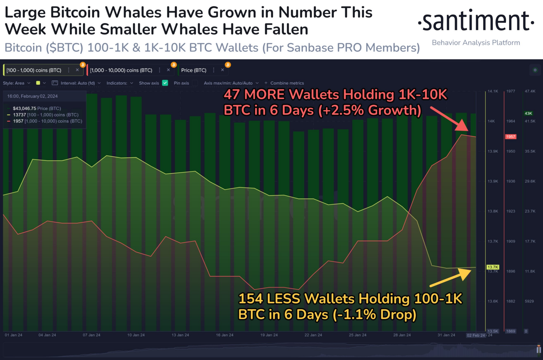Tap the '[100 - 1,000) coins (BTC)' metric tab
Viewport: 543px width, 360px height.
pos(34,70)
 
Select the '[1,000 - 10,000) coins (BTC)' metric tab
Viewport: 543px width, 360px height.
pos(121,70)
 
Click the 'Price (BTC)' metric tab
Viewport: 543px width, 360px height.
pos(194,70)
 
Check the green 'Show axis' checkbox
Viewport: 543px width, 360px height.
pos(165,83)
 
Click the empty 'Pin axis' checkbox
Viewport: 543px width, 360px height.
pos(195,83)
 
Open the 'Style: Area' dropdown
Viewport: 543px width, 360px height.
pos(16,83)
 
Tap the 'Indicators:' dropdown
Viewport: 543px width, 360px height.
pos(120,83)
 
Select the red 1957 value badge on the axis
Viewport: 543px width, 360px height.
pos(510,137)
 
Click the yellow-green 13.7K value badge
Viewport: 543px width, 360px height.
pos(493,267)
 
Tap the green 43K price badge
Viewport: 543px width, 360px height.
pos(528,113)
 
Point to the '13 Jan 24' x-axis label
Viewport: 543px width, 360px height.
pos(180,335)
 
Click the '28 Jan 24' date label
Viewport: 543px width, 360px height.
pos(402,335)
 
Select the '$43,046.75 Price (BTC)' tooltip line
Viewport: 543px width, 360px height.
pos(37,108)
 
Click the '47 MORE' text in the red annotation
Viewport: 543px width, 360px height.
pos(254,95)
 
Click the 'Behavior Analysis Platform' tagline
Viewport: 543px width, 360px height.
pos(476,43)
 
